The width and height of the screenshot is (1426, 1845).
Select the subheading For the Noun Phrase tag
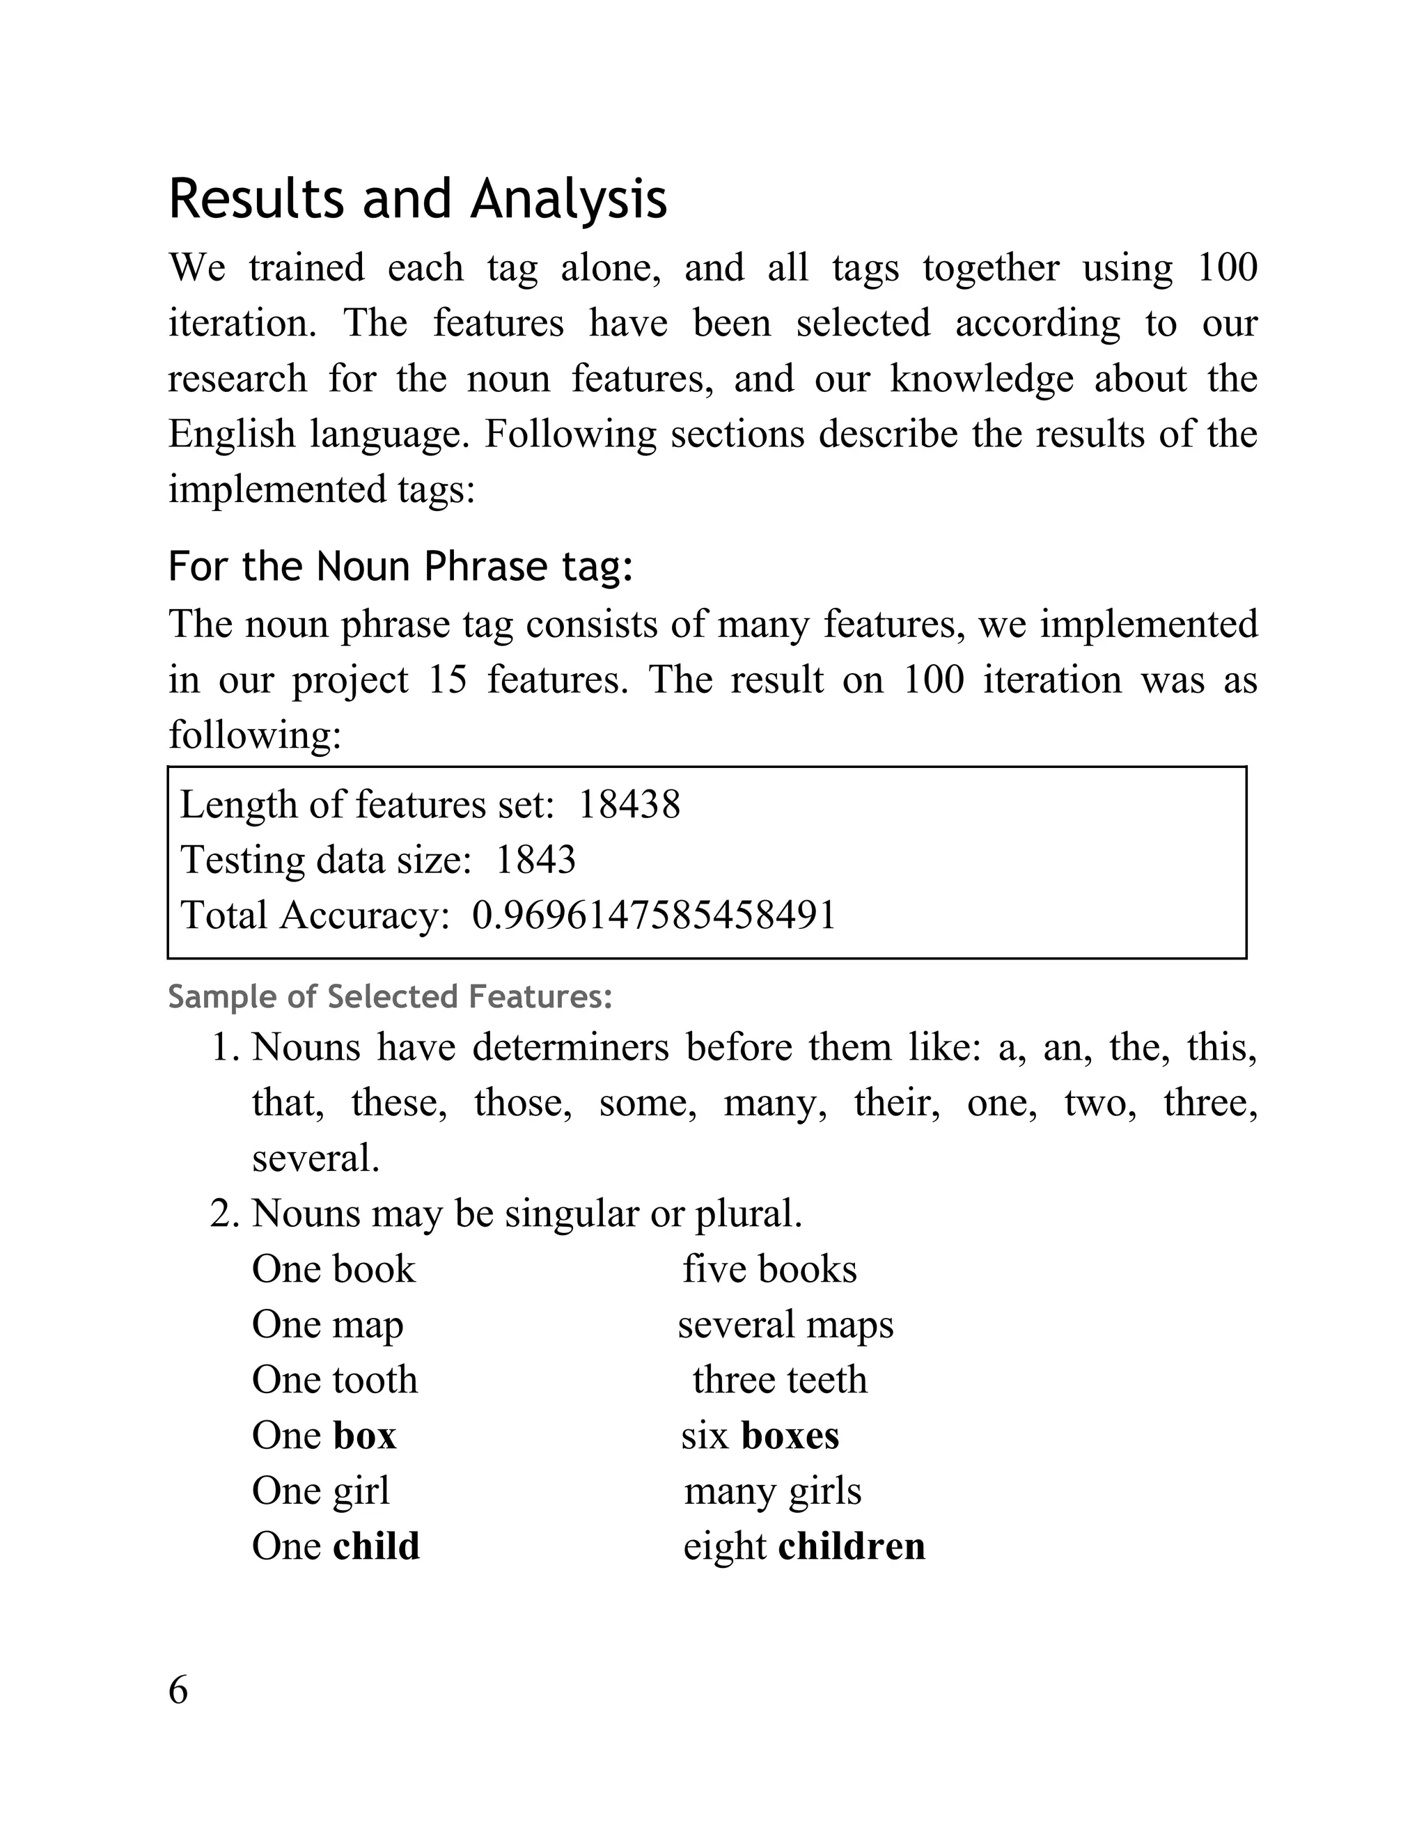click(x=400, y=566)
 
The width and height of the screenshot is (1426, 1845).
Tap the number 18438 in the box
click(x=629, y=804)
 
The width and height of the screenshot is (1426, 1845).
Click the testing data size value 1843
click(x=535, y=860)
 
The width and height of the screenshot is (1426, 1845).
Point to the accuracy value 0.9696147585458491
click(x=654, y=915)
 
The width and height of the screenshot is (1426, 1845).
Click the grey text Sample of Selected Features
click(x=389, y=997)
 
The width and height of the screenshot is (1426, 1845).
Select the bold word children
click(x=852, y=1546)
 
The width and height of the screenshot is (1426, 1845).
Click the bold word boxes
click(x=790, y=1436)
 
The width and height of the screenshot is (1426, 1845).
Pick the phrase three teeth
click(x=779, y=1379)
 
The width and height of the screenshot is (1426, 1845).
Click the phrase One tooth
click(x=334, y=1379)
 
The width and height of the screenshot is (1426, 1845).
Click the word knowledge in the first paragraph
click(x=981, y=379)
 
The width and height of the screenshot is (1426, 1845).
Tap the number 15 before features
click(x=448, y=680)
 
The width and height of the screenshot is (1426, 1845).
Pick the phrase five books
click(x=769, y=1269)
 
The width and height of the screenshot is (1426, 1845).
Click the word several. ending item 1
click(x=316, y=1159)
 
